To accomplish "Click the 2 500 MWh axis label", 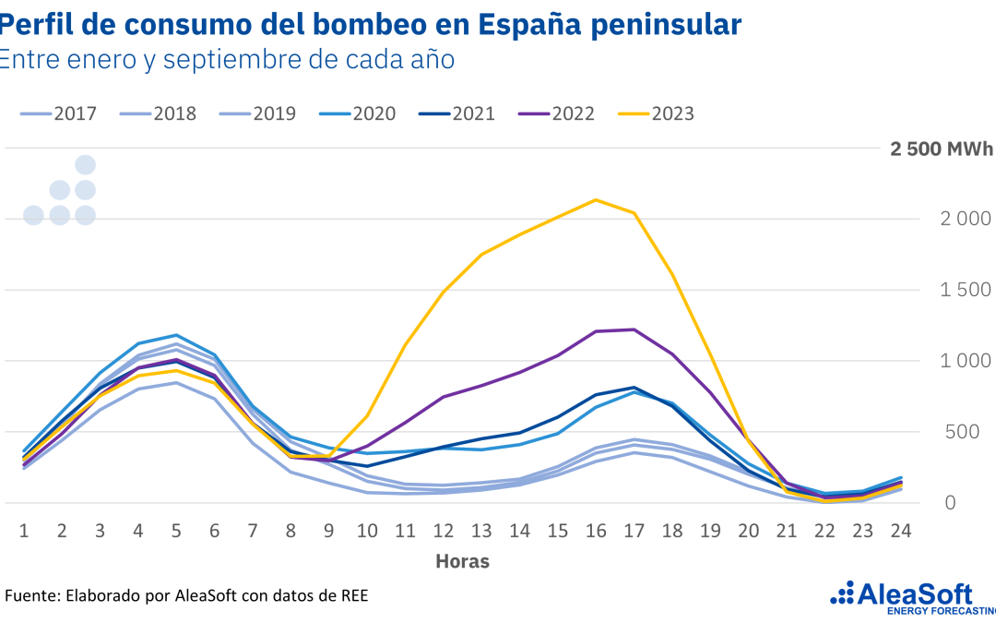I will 942,150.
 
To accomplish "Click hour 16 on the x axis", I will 596,531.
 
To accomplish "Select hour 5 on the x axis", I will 176,531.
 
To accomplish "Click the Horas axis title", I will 463,561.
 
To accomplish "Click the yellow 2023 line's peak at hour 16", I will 596,199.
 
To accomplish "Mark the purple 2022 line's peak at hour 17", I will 634,329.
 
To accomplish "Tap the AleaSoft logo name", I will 923,593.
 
